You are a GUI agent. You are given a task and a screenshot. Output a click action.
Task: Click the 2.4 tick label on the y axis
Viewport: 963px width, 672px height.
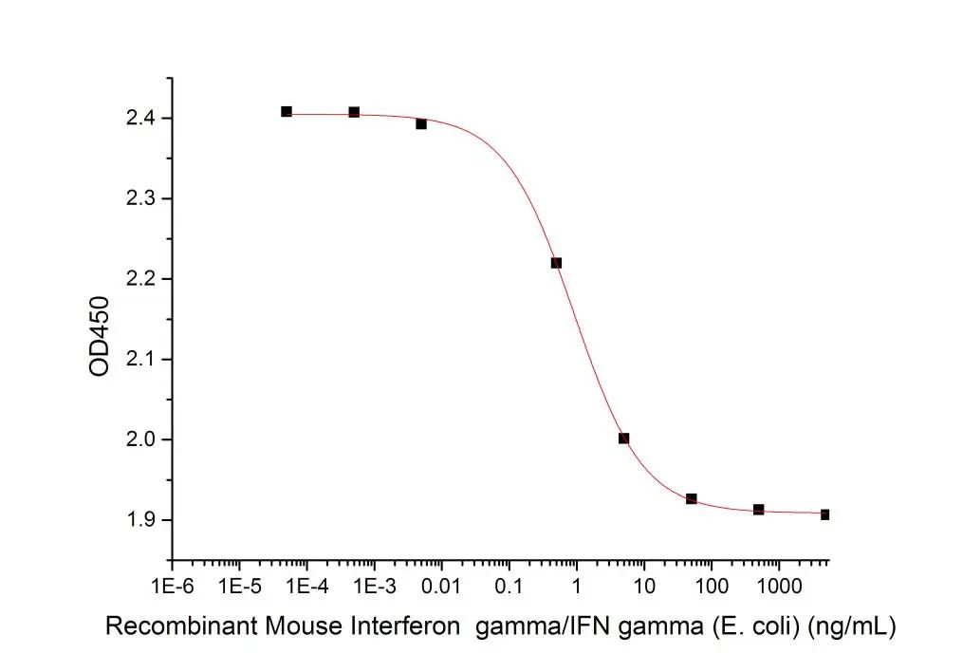(140, 118)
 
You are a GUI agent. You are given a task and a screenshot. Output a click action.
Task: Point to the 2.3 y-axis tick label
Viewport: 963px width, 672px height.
(140, 198)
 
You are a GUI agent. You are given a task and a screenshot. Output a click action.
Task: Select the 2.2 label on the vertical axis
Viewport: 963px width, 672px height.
(140, 279)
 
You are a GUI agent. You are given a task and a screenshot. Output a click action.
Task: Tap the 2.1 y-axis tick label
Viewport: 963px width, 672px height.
(140, 360)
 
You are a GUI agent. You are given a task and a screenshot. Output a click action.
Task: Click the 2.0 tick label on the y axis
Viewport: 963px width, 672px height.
(140, 439)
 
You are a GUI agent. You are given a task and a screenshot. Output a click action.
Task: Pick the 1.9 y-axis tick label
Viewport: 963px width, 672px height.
(140, 520)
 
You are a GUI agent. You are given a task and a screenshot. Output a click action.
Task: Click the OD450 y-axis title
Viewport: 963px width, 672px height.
(100, 336)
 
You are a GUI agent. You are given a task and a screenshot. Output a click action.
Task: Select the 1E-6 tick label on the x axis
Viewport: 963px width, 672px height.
(173, 587)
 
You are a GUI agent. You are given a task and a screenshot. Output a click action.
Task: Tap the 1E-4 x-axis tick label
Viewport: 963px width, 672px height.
(307, 587)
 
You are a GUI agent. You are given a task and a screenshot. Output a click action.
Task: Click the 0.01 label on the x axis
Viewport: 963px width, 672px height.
(441, 587)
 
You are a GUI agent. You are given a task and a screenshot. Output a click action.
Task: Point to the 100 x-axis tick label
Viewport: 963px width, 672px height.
(711, 587)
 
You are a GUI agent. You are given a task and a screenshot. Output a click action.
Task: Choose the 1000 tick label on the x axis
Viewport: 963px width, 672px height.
(778, 587)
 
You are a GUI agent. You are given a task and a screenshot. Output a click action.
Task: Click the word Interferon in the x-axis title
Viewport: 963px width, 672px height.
(405, 626)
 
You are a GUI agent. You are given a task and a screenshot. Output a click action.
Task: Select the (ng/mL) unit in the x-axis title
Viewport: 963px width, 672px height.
(852, 627)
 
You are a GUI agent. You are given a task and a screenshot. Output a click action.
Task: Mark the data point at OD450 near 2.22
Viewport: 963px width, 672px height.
(556, 263)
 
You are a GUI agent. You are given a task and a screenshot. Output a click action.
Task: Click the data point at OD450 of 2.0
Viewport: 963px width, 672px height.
(624, 438)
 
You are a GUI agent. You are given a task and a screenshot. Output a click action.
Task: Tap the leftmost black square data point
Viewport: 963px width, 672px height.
(287, 111)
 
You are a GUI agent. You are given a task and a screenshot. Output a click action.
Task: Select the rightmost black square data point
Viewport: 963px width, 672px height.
(824, 514)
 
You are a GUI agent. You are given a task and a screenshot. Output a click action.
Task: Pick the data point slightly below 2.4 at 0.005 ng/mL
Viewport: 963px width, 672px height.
(421, 124)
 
